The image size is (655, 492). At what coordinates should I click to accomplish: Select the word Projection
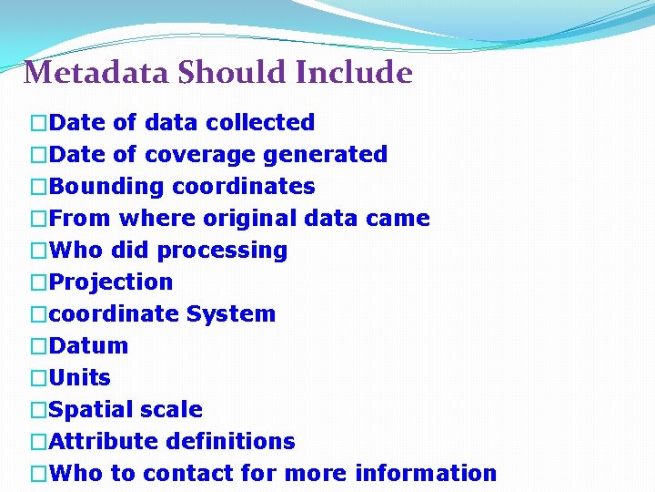point(110,282)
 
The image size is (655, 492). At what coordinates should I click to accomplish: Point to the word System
point(231,314)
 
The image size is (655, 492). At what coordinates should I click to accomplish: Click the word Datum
point(88,346)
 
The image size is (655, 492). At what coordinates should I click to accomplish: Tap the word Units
point(79,377)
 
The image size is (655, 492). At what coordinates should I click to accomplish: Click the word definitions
point(231,442)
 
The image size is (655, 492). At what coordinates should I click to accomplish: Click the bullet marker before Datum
point(37,346)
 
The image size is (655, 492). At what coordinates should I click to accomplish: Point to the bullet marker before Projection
point(37,282)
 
